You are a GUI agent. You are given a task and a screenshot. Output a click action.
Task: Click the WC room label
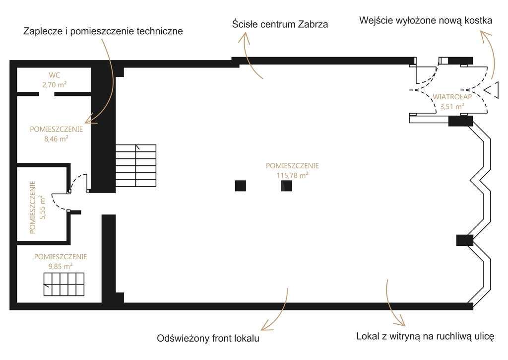[55, 75]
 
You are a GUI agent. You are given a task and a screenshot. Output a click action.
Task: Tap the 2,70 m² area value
[55, 84]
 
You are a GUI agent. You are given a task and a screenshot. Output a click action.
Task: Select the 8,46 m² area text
[57, 139]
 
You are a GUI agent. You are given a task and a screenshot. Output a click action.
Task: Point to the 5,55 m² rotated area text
[43, 207]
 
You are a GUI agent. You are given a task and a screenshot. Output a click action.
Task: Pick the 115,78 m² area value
[292, 175]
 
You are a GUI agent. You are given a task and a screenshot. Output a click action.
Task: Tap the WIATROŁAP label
[452, 97]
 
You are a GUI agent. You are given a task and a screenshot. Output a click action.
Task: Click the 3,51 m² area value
[452, 106]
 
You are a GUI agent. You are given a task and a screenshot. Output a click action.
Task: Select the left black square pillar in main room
[241, 186]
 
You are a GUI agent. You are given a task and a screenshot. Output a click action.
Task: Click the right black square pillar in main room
[286, 186]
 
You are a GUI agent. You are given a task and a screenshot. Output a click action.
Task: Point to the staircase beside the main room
[136, 165]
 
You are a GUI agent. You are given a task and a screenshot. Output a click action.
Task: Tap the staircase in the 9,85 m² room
[64, 285]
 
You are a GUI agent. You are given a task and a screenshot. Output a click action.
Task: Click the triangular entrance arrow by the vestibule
[491, 90]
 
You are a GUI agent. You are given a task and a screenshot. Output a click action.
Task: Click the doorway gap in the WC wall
[47, 94]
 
